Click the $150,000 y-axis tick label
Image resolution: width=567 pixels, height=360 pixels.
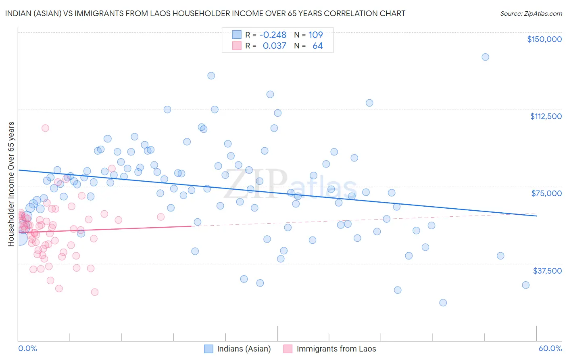click(544, 39)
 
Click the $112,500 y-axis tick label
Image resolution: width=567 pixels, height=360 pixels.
click(546, 116)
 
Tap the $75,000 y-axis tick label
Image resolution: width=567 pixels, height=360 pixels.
click(546, 193)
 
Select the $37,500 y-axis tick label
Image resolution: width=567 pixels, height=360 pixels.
click(547, 271)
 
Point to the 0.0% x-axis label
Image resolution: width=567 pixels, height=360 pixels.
click(27, 348)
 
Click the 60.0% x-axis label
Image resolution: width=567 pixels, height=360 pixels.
click(550, 348)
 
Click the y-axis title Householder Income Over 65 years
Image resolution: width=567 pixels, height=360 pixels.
click(11, 184)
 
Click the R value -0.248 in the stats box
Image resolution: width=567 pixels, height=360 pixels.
click(273, 35)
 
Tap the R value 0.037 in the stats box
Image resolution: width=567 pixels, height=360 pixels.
click(274, 46)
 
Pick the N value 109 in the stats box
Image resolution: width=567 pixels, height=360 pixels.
click(316, 35)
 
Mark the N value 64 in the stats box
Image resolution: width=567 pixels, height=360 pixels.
click(317, 46)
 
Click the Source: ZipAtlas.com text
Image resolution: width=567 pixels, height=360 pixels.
click(531, 14)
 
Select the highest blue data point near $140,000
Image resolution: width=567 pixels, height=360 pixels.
click(485, 57)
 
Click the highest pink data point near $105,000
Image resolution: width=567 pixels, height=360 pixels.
click(45, 128)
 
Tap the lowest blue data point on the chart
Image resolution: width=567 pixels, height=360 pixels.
click(443, 303)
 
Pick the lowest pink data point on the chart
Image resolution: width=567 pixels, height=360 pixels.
click(95, 292)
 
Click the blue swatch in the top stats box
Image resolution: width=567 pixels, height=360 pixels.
click(237, 35)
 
